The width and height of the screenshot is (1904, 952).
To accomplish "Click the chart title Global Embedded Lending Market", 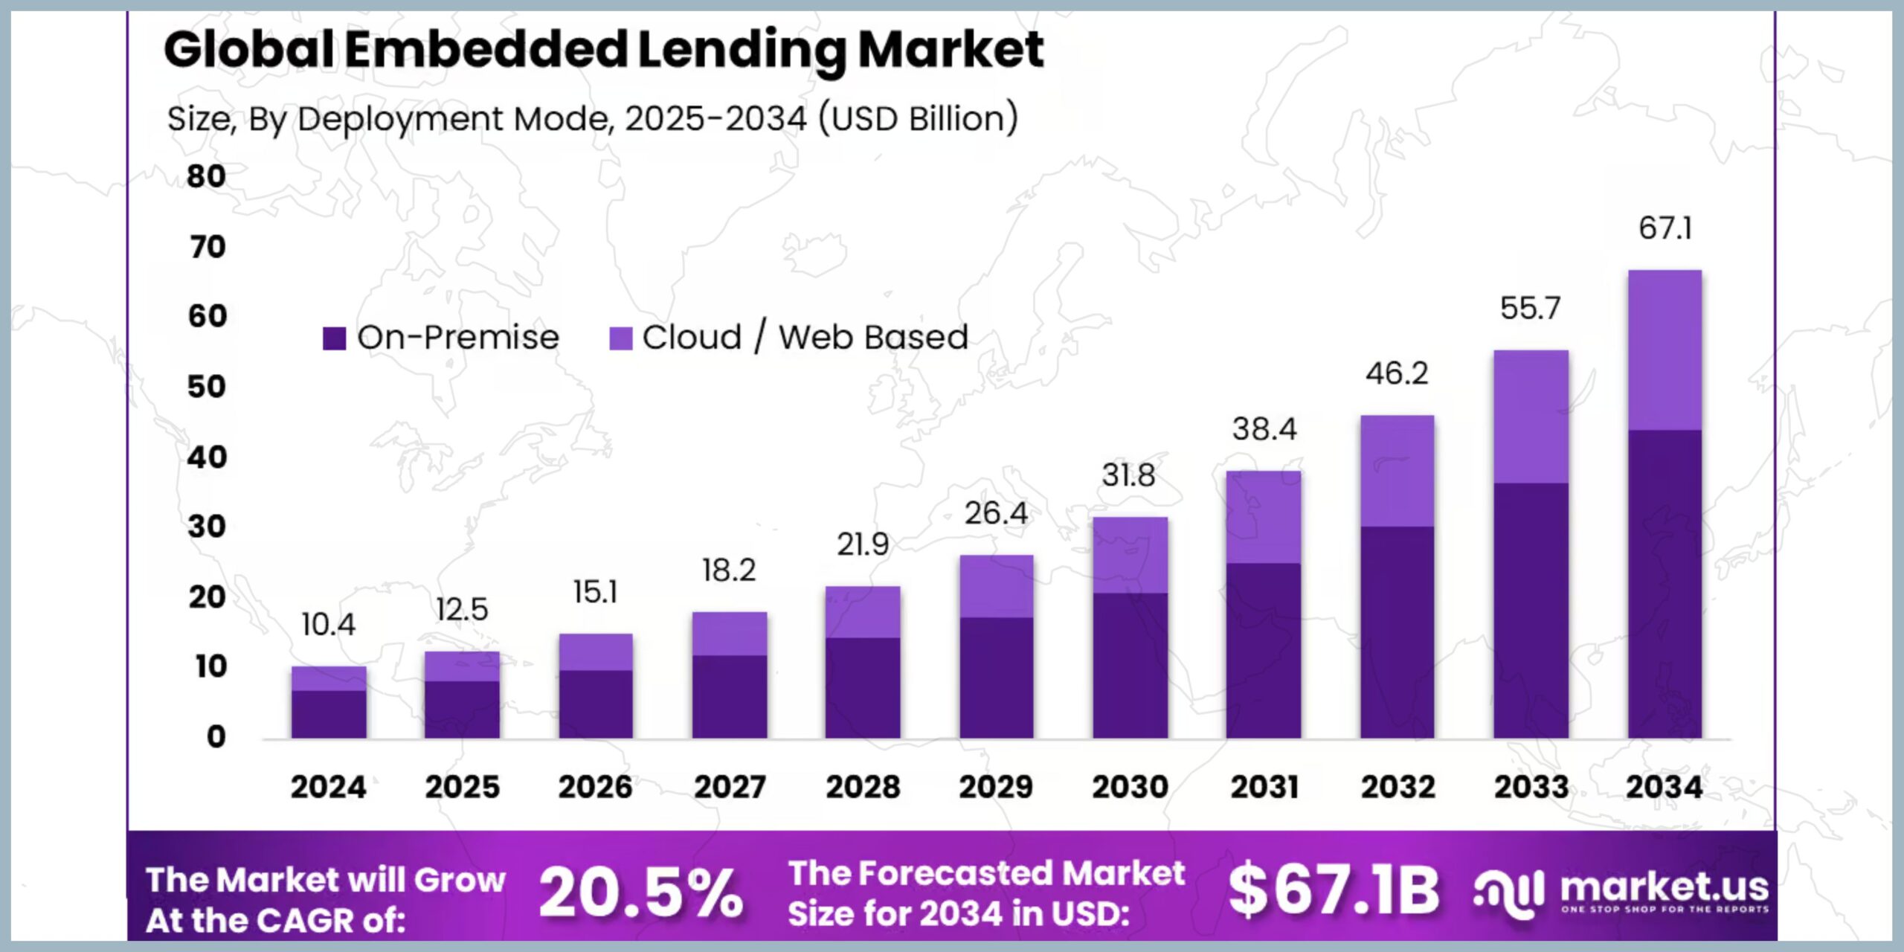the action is tap(603, 50).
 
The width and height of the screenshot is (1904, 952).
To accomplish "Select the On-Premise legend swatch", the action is tap(334, 338).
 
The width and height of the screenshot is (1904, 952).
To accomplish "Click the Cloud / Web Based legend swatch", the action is tap(620, 338).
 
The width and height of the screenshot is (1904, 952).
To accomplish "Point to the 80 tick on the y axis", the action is tap(206, 176).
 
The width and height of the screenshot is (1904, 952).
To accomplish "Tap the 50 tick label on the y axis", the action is tap(206, 387).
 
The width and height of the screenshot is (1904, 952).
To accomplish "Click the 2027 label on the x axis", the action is tap(730, 787).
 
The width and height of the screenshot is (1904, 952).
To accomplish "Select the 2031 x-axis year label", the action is tap(1264, 787).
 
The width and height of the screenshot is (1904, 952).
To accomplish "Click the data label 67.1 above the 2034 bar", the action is tap(1665, 228).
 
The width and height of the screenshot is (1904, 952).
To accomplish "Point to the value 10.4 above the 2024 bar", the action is tap(328, 625).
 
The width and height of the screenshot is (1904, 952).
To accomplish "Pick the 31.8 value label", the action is tap(1129, 475).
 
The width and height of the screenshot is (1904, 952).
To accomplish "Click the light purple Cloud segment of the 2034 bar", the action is tap(1665, 350).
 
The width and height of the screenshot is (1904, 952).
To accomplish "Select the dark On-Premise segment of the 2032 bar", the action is tap(1398, 632).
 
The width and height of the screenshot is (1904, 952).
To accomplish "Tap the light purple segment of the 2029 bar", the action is tap(997, 586).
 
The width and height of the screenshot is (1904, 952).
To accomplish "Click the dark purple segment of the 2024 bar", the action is tap(329, 714).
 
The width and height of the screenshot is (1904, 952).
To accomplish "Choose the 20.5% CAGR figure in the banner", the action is tap(640, 892).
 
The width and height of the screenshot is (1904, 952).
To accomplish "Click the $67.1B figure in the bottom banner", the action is tap(1334, 890).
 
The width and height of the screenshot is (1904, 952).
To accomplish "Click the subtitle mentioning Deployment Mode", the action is tap(593, 119).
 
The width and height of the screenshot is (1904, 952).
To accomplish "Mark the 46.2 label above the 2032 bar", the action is tap(1397, 373).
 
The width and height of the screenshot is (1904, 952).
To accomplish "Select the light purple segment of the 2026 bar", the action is tap(596, 652).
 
